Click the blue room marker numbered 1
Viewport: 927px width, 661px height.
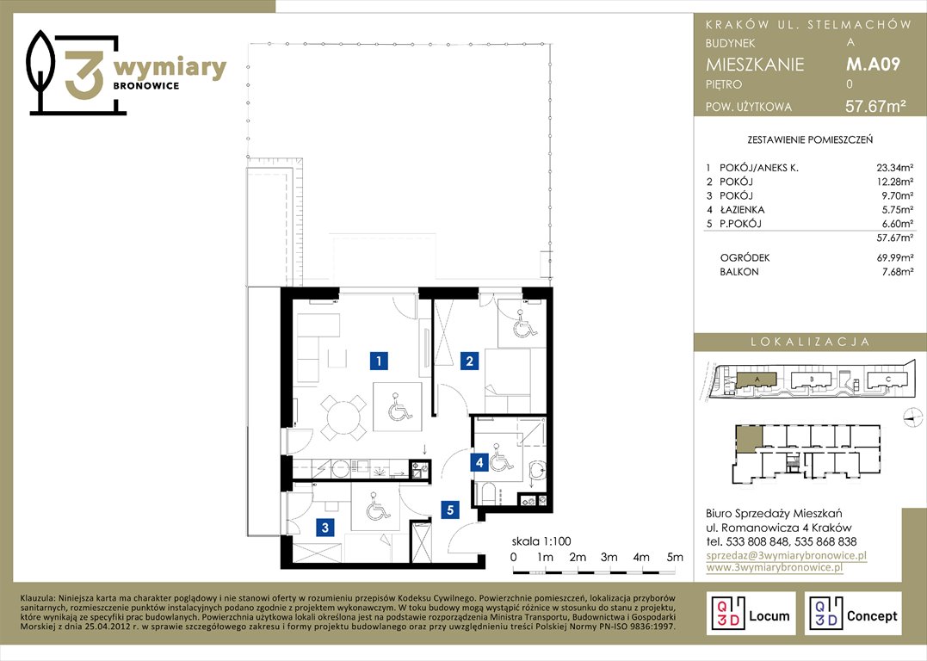379,360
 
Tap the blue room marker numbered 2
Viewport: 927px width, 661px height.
469,361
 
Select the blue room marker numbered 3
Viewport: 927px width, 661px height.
325,528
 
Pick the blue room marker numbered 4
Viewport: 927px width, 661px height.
479,462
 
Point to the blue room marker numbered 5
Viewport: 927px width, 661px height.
450,509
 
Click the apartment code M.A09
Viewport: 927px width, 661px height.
873,64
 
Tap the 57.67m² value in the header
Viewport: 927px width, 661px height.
875,107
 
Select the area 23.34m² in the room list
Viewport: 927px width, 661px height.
894,168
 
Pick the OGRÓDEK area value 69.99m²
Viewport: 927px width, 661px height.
894,258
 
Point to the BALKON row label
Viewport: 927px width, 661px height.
739,272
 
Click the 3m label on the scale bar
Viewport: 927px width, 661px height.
609,557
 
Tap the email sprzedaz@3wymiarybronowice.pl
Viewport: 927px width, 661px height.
787,555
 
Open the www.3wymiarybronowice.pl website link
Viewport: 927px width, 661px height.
774,567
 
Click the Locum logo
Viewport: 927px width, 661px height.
751,614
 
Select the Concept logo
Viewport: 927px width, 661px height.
853,614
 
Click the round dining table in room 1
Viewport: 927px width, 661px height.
343,417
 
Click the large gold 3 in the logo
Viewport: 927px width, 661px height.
84,75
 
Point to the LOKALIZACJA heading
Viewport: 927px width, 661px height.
810,342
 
